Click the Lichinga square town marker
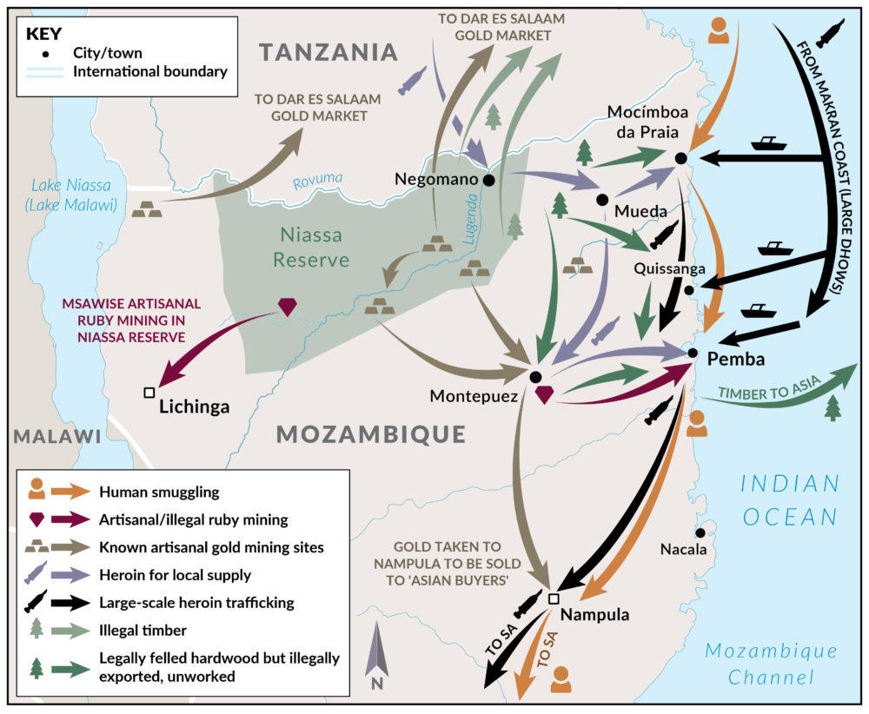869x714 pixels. [149, 393]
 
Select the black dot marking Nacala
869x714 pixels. [700, 532]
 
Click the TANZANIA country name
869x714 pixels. [328, 52]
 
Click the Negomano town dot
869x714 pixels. [489, 181]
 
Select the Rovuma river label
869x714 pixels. [317, 180]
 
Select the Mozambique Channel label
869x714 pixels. [772, 664]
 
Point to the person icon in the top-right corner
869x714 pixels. [718, 30]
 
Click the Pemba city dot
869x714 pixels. [693, 353]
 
